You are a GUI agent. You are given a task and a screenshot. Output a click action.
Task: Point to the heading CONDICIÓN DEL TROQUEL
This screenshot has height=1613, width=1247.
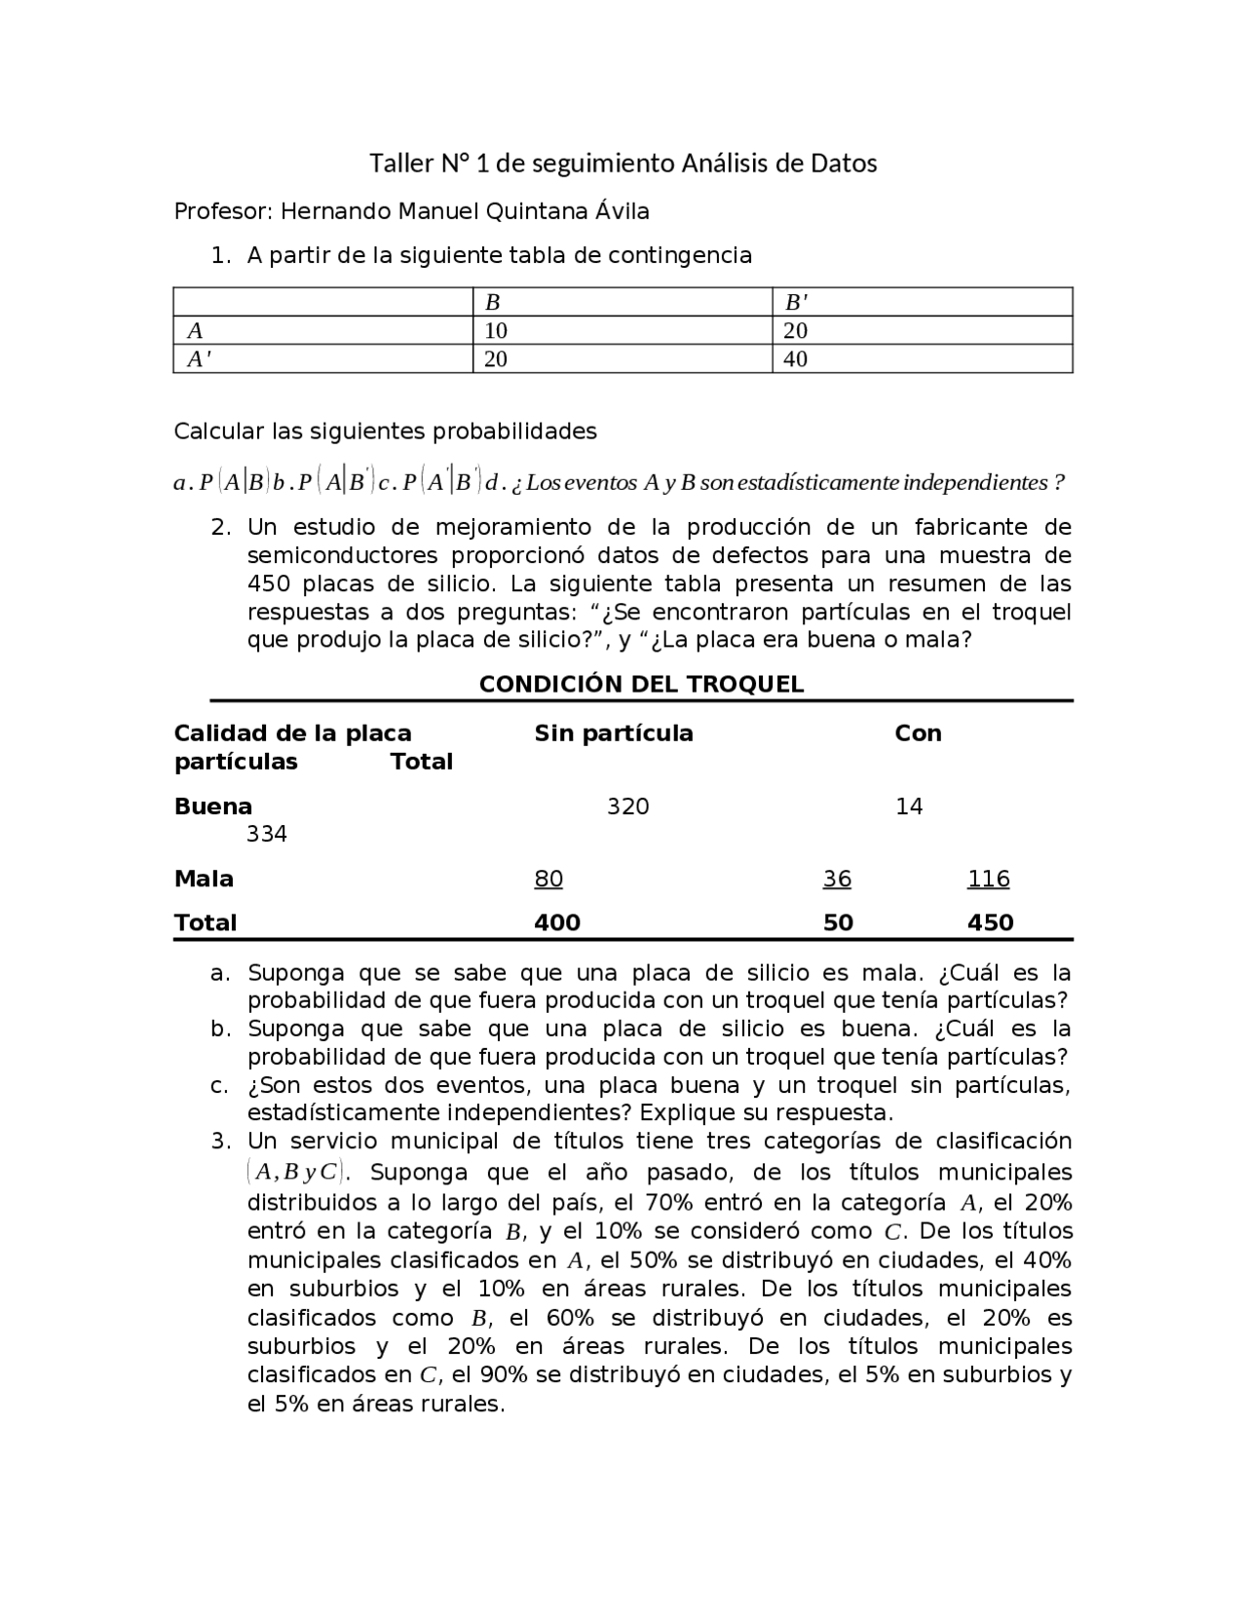641,684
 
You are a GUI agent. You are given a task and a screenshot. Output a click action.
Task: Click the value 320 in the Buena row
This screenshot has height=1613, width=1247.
627,806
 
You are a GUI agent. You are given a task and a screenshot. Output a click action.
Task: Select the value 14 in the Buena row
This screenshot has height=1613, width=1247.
909,806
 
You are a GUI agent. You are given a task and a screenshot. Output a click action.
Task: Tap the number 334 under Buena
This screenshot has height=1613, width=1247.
266,835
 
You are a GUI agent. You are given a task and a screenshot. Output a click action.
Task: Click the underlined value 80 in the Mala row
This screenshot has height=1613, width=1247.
548,879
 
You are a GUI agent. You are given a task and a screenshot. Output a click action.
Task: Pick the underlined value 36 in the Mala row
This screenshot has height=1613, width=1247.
837,879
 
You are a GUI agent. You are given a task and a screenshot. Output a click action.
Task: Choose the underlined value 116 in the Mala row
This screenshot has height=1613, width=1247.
988,879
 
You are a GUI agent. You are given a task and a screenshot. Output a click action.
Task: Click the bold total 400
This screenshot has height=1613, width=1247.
557,922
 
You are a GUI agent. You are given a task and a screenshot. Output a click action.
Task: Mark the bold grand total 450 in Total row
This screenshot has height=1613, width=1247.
990,922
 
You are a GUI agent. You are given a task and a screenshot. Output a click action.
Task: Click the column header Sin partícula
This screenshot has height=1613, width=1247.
614,733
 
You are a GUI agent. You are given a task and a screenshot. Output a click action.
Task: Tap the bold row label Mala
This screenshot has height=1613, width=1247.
204,879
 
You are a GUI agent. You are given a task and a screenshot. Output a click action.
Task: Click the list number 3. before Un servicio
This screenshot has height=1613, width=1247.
221,1141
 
